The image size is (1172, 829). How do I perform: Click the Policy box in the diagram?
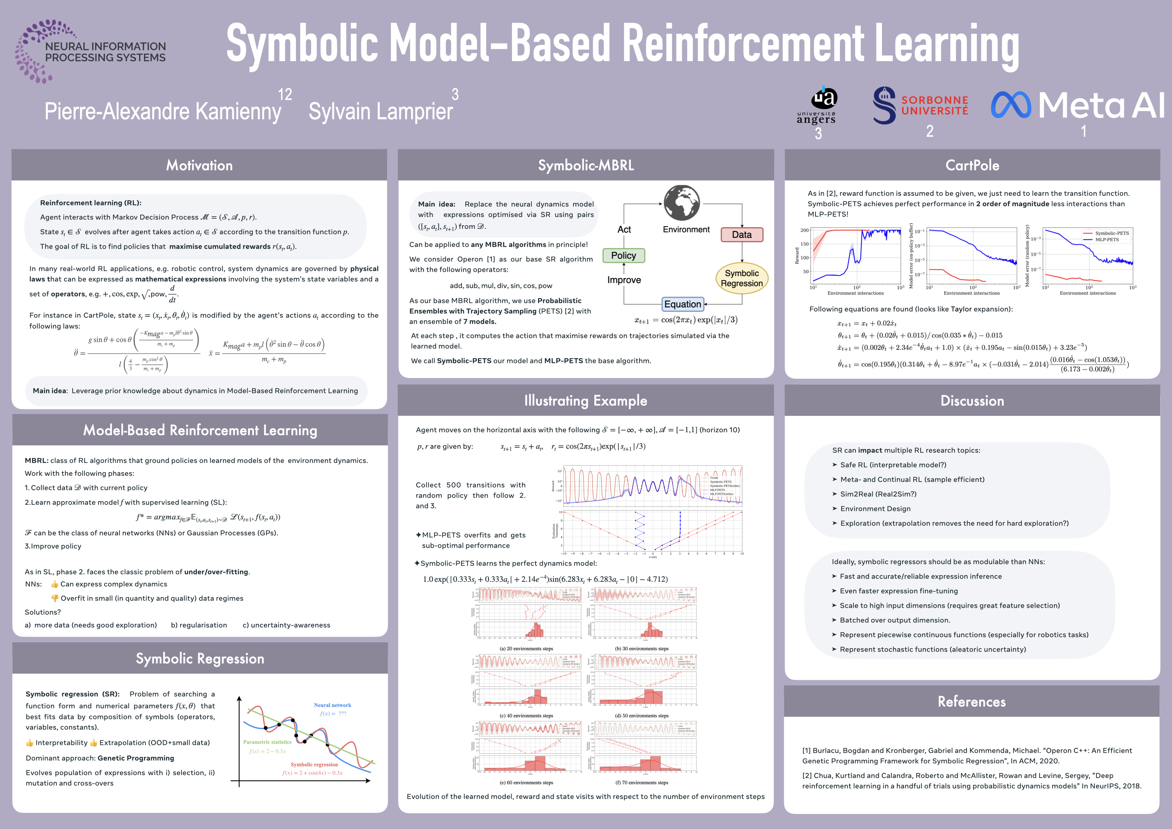point(623,255)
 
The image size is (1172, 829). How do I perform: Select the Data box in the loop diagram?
point(742,235)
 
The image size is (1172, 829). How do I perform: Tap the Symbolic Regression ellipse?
point(742,278)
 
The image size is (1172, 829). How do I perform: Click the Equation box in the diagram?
point(682,304)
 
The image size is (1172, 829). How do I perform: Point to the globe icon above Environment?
point(681,203)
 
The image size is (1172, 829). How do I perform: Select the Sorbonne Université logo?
point(920,106)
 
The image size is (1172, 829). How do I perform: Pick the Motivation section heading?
point(199,166)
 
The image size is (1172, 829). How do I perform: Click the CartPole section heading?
point(972,166)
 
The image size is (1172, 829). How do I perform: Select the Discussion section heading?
point(972,401)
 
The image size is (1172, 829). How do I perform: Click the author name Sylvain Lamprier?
point(380,111)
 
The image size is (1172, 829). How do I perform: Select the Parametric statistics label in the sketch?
point(267,742)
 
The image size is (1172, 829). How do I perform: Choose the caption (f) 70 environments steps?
point(641,782)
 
